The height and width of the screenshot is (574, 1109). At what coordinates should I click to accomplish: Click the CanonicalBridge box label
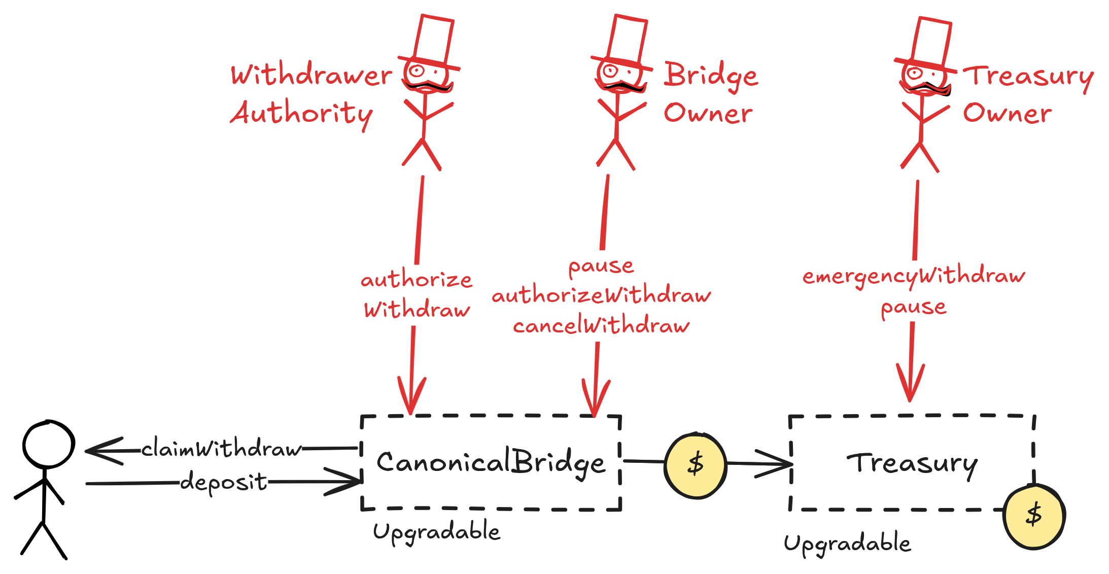(x=491, y=462)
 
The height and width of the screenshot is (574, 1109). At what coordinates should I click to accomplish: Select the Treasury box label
(x=912, y=463)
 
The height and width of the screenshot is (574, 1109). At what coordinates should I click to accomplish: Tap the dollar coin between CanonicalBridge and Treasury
(x=696, y=464)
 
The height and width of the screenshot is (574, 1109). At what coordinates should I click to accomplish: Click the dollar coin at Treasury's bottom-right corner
(x=1034, y=516)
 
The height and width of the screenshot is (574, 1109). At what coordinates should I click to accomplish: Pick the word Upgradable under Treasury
(x=847, y=544)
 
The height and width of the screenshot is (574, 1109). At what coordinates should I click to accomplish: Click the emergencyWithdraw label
(x=914, y=276)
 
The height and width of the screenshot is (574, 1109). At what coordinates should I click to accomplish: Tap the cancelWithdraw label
(x=601, y=326)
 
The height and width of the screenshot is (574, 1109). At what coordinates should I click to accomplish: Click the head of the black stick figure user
(x=49, y=445)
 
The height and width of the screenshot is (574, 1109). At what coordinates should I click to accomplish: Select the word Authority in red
(x=302, y=114)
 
